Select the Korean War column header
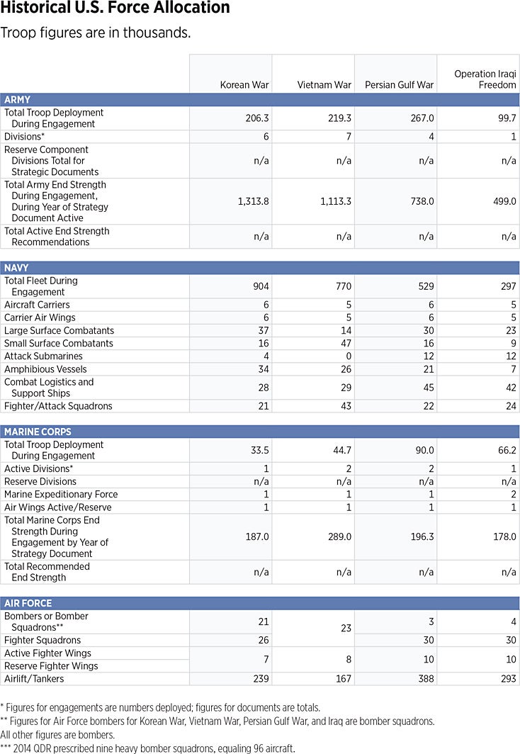[x=244, y=85]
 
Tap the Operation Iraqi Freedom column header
[x=485, y=79]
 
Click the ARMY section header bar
[x=260, y=100]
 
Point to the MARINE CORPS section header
[x=260, y=432]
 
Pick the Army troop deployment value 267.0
[x=422, y=118]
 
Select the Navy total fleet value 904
[x=260, y=286]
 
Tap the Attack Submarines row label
[x=43, y=356]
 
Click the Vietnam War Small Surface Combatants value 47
[x=344, y=344]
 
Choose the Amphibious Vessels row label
[x=45, y=369]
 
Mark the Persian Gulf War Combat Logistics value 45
[x=427, y=388]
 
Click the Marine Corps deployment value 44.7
[x=340, y=451]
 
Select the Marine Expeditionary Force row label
[x=61, y=495]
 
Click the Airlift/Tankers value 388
[x=424, y=679]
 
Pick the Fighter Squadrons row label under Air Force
[x=43, y=641]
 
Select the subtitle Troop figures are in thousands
[x=96, y=33]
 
